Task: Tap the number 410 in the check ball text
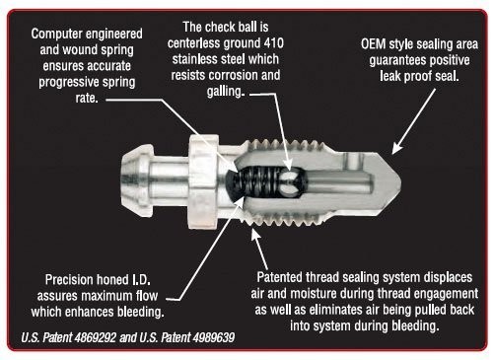(274, 43)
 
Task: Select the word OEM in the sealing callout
(373, 44)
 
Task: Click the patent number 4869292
(96, 337)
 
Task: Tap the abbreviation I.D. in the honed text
(141, 280)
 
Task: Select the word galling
(226, 91)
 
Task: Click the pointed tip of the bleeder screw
(400, 180)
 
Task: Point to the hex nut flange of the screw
(203, 181)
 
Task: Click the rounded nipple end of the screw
(135, 181)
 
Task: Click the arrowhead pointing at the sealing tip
(396, 149)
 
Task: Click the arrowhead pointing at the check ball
(288, 165)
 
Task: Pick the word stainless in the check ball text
(194, 59)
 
